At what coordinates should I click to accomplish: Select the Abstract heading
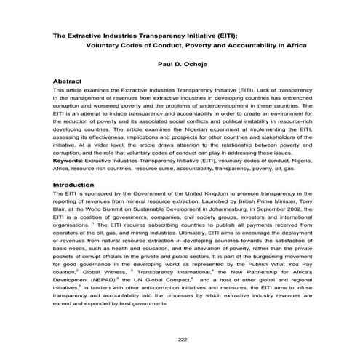71,82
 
